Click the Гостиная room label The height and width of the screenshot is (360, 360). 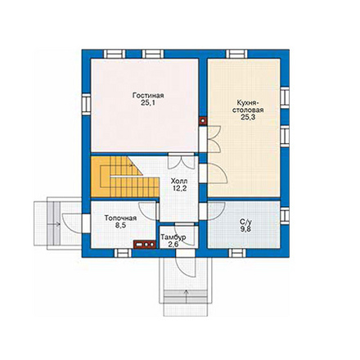(148, 96)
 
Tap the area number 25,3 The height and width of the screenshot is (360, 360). (246, 117)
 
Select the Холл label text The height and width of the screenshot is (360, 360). (179, 181)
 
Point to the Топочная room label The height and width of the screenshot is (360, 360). (120, 218)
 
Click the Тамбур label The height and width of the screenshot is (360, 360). (173, 237)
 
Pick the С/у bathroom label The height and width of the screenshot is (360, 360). (245, 223)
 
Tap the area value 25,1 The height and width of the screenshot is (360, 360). (148, 103)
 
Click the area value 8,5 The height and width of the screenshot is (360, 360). (120, 226)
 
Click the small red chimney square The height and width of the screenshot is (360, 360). (203, 120)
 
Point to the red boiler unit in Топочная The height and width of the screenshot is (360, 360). (145, 245)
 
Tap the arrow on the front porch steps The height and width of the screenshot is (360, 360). (187, 296)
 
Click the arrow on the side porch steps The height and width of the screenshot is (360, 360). (55, 224)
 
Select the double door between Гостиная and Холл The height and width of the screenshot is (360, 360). (182, 160)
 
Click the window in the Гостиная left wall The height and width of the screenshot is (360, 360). (86, 104)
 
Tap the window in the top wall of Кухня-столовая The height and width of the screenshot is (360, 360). (236, 54)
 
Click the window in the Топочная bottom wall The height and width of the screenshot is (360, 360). (123, 253)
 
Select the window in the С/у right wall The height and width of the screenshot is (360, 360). (285, 216)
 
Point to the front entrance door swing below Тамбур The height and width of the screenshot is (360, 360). (186, 267)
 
